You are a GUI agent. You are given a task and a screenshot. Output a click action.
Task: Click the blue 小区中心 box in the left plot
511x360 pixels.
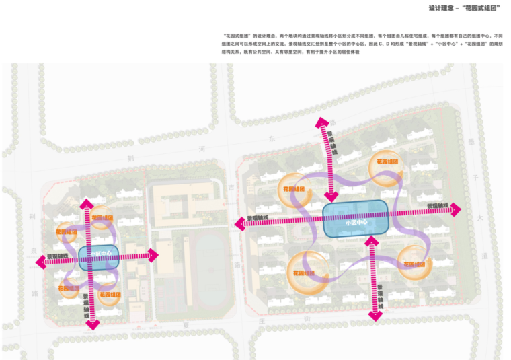click(x=99, y=255)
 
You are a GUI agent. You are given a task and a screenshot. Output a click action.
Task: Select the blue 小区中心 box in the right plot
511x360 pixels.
click(x=356, y=219)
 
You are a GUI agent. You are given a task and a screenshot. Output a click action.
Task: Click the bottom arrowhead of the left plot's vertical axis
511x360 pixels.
click(x=92, y=324)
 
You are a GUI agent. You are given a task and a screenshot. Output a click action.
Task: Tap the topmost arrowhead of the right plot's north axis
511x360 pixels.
click(x=323, y=122)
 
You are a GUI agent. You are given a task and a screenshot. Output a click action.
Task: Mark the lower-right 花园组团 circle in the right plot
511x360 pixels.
click(x=414, y=262)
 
